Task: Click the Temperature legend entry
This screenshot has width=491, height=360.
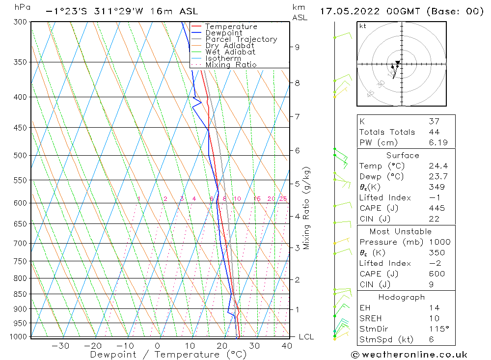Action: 231,27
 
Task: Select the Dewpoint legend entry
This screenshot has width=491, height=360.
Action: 224,33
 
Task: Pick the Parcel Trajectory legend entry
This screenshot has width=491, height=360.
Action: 241,39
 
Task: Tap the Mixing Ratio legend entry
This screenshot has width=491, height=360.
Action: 231,64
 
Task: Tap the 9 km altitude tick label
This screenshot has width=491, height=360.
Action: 297,47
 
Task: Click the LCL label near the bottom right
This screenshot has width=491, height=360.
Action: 306,337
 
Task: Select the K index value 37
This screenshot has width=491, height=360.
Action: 434,121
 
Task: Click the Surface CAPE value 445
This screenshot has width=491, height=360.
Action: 436,208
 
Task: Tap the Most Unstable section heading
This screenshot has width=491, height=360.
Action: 401,231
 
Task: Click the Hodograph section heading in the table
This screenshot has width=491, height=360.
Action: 401,297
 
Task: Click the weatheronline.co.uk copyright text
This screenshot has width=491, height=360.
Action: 409,355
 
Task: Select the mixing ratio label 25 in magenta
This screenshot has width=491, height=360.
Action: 283,199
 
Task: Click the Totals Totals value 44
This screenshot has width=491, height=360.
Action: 434,132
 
